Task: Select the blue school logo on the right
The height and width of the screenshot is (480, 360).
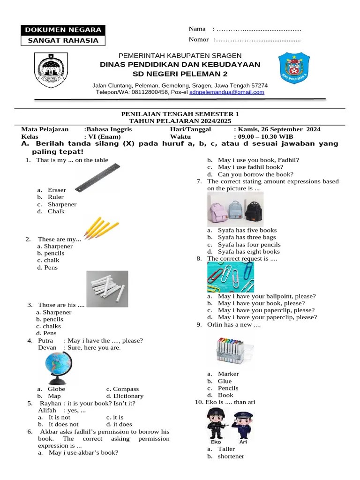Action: [x=294, y=68]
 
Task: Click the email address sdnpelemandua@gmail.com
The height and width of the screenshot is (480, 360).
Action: [x=227, y=92]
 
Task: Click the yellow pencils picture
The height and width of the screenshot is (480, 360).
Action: [x=100, y=227]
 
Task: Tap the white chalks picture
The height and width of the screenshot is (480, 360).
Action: [x=107, y=285]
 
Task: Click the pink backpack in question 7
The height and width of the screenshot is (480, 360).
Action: [x=217, y=210]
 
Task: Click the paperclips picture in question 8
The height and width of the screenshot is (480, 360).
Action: [x=231, y=277]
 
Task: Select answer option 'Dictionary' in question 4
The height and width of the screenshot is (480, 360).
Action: [x=128, y=396]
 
